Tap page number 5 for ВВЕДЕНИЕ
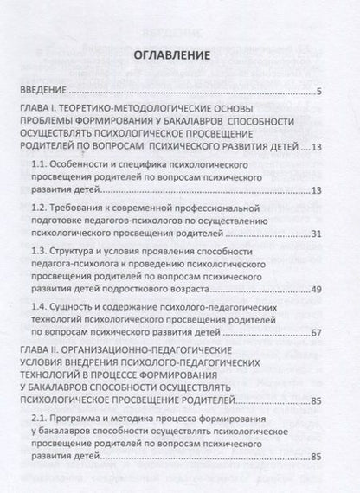318,91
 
